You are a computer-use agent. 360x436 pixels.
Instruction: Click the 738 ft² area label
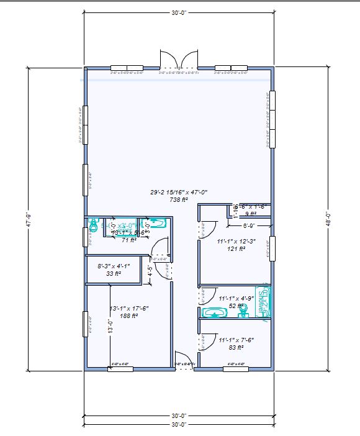coord(179,200)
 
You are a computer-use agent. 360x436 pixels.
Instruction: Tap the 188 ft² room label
coord(129,316)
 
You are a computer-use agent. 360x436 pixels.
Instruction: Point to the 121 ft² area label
coord(236,248)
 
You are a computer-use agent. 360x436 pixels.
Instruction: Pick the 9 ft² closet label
coord(250,214)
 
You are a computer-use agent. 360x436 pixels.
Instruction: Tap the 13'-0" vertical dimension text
coord(111,327)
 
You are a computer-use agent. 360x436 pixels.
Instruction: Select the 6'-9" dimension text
coord(248,225)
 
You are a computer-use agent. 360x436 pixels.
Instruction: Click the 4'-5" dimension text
coord(150,271)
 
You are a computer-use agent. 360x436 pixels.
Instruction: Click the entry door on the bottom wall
coord(184,368)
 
